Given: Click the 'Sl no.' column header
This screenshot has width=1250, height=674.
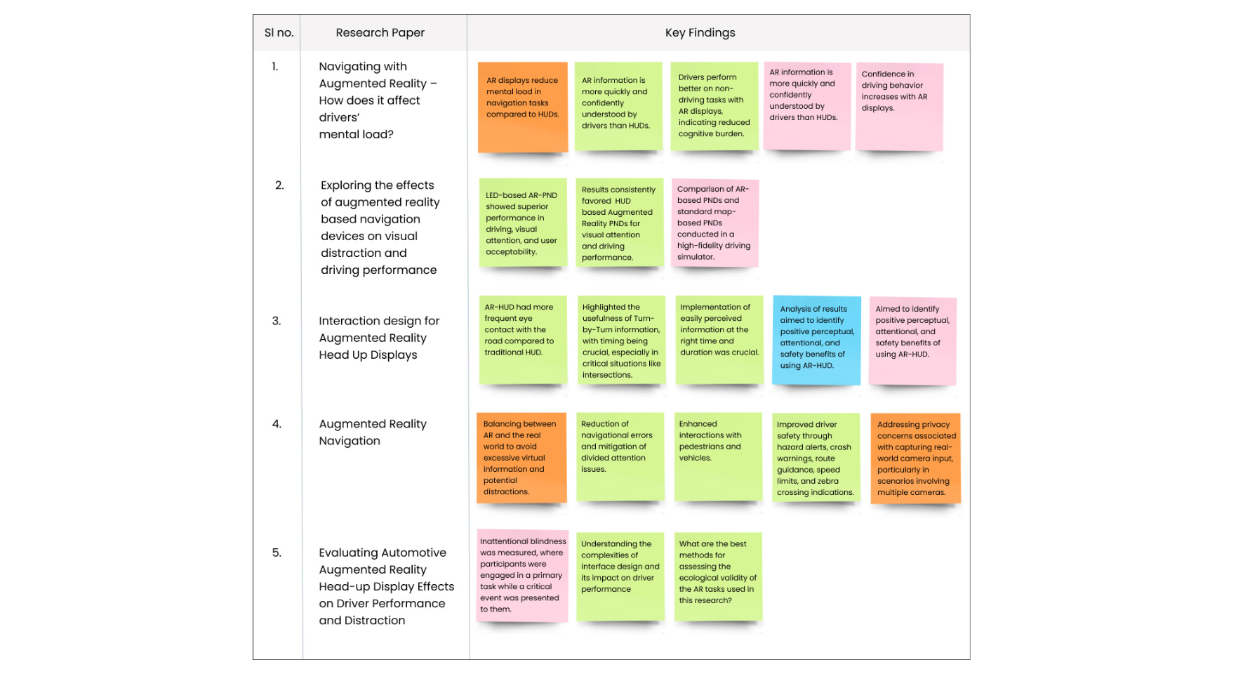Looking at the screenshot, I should (x=279, y=33).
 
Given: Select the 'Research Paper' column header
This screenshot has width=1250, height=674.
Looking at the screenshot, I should (x=380, y=33).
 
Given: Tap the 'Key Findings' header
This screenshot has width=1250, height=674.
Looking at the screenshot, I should (x=700, y=33).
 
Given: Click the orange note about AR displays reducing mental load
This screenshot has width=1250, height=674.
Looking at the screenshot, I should (x=522, y=106).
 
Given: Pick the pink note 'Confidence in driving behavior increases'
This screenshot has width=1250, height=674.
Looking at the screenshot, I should (x=898, y=106).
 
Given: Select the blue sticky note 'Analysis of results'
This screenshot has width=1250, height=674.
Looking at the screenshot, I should (x=816, y=340).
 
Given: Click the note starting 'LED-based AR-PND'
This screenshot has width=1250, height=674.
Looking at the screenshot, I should (x=522, y=223).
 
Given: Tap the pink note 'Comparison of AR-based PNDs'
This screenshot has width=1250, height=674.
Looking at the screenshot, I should (x=714, y=223).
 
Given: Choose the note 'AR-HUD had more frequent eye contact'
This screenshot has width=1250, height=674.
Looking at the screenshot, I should (x=522, y=339).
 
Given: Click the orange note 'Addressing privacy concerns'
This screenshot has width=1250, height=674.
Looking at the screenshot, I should (x=915, y=458).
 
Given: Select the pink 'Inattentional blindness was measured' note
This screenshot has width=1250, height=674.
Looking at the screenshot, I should (x=522, y=575).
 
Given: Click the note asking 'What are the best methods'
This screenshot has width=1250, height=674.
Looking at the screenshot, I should (x=717, y=575).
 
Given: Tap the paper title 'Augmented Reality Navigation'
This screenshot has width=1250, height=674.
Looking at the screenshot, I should (x=373, y=432).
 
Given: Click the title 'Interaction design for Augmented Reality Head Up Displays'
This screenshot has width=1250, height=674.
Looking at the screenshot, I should (x=379, y=338).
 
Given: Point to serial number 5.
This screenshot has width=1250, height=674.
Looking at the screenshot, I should (x=277, y=553).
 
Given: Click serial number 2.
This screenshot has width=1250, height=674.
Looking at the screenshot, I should (x=279, y=185).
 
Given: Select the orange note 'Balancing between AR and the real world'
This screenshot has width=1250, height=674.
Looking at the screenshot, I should (x=521, y=457).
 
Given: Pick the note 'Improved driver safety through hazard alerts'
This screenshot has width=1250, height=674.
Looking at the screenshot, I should (x=815, y=458).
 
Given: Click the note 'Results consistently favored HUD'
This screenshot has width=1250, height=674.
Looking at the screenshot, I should (x=618, y=223).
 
